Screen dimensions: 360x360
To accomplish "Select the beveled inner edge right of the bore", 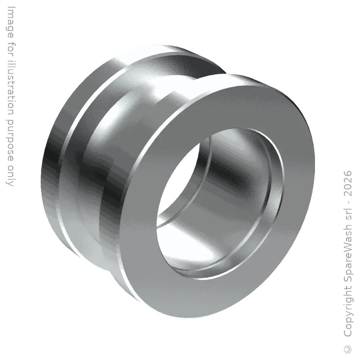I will click(x=274, y=187).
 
